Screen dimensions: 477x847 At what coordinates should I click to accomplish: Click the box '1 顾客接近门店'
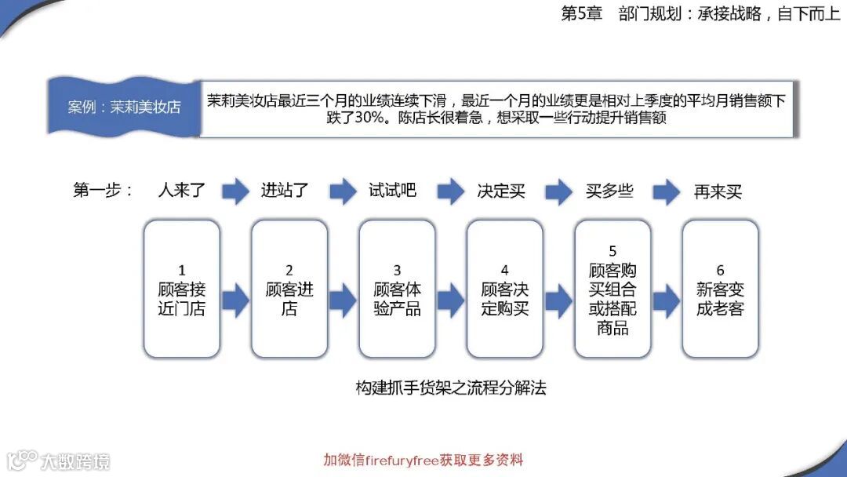click(x=181, y=289)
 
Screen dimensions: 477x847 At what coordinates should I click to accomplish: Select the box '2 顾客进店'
click(x=289, y=289)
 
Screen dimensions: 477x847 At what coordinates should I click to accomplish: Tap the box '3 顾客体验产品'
click(x=397, y=289)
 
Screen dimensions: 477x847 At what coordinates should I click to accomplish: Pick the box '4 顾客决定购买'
click(x=504, y=289)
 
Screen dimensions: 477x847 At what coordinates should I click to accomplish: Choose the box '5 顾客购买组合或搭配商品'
click(x=613, y=289)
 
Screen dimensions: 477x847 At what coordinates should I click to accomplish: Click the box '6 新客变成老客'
click(x=720, y=289)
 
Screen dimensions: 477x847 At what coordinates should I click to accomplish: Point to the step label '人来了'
click(x=182, y=191)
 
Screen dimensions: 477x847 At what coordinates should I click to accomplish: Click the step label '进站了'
click(x=285, y=191)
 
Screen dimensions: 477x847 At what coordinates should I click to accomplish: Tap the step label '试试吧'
click(x=392, y=191)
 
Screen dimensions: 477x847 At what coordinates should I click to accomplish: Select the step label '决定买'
click(x=501, y=191)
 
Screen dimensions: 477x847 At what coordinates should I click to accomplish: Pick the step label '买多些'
click(x=609, y=191)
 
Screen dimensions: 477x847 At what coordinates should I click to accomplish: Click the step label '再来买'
click(x=718, y=191)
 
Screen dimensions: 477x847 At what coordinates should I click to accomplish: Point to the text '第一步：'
click(x=103, y=191)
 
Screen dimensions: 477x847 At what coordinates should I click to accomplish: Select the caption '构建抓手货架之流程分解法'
click(x=450, y=388)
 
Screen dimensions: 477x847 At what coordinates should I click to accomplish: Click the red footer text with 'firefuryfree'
click(x=423, y=460)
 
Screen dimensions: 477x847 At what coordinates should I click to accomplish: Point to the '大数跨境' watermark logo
click(x=60, y=460)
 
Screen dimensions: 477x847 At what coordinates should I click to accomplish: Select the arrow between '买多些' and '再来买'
click(x=666, y=191)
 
